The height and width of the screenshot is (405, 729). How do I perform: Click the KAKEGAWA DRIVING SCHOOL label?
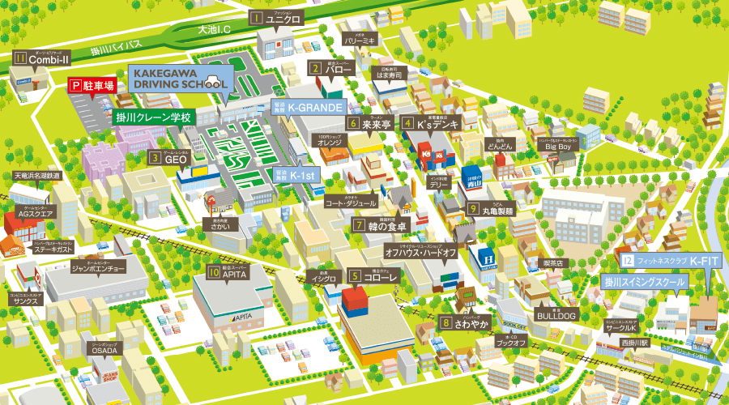coord(180,78)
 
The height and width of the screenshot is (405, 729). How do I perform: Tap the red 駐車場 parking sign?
coord(92,84)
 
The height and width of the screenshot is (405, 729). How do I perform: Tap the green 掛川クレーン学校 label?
coord(153,117)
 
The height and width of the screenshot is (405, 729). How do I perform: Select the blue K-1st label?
coord(300,174)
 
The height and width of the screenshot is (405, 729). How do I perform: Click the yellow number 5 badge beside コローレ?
coord(355,276)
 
